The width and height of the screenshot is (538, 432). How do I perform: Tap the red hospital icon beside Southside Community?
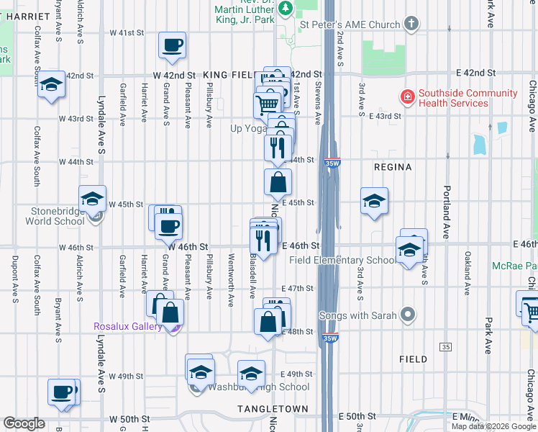coord(407,96)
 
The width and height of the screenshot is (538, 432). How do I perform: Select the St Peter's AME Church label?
coord(350,24)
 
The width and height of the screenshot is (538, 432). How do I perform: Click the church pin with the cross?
coord(411,24)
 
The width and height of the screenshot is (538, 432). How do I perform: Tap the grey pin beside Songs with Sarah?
coord(409,315)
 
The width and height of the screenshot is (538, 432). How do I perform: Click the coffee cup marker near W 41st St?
coord(172,45)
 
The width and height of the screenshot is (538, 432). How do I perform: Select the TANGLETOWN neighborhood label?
coord(273,409)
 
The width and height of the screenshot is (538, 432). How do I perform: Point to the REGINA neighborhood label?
coord(393,167)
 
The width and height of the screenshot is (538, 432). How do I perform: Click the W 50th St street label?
coord(129,418)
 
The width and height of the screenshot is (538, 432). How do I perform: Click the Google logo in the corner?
coord(24,423)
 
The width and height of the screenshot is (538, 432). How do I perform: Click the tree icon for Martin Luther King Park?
coord(286,8)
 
